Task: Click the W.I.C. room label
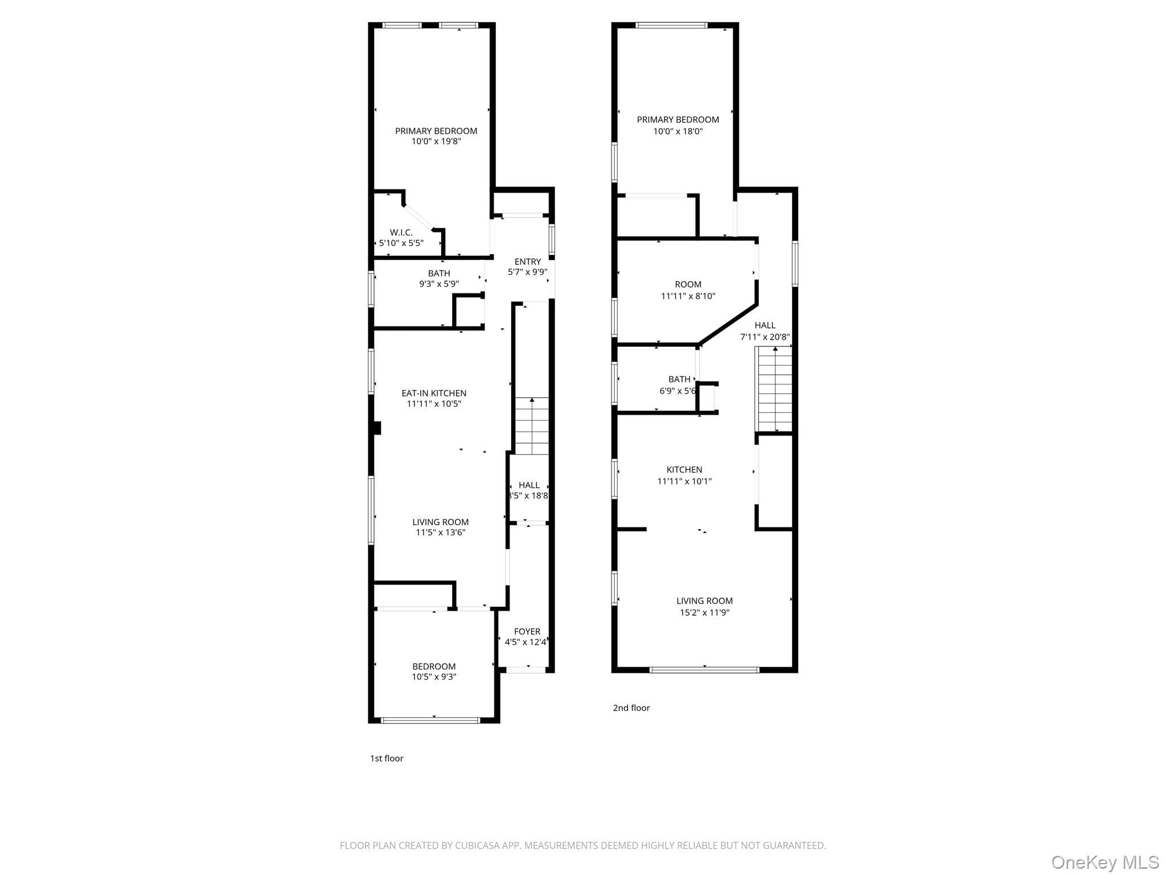point(401,232)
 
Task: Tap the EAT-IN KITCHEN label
point(434,393)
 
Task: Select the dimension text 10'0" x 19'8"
point(436,141)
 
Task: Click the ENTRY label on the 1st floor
point(528,262)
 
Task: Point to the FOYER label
point(527,632)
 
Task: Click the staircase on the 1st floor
point(532,426)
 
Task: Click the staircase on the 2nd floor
point(774,389)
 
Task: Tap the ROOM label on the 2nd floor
point(688,284)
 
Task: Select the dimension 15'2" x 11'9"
point(704,613)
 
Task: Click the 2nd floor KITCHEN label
point(684,470)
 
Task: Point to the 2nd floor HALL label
point(765,325)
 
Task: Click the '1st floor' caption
point(387,758)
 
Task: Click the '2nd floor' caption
point(631,708)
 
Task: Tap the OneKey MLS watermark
point(1105,862)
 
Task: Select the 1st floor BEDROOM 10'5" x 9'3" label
point(434,672)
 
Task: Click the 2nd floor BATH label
point(679,379)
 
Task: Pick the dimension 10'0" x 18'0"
point(678,132)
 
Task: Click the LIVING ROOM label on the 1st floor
point(441,522)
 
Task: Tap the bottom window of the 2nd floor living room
point(704,670)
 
